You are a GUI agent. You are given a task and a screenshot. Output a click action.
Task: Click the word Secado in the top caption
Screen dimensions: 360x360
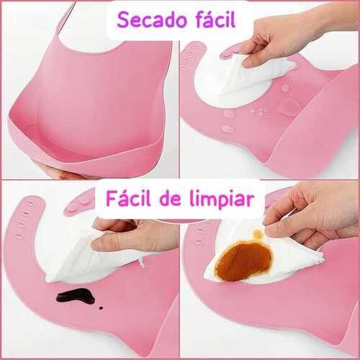coord(152,20)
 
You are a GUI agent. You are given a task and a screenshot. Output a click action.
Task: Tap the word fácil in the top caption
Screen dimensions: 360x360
coord(216,19)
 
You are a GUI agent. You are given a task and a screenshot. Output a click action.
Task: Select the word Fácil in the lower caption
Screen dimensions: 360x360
coord(129,198)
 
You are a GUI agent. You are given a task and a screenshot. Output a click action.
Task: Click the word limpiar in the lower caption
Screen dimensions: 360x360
coord(222,199)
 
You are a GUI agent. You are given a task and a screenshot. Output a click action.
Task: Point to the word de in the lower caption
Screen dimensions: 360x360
coord(170,199)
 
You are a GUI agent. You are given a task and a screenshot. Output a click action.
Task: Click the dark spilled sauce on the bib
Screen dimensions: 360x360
coord(76,296)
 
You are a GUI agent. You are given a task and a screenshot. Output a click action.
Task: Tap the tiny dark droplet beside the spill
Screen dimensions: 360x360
coord(101,307)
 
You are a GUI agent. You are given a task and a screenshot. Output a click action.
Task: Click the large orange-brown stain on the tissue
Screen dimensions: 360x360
coord(244,261)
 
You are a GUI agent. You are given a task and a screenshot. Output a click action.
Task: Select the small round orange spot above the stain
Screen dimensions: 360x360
coord(258,233)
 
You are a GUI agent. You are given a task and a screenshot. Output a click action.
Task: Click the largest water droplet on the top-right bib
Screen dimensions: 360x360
coord(288,107)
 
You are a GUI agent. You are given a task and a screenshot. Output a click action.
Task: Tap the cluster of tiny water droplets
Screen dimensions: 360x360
coord(261,112)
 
